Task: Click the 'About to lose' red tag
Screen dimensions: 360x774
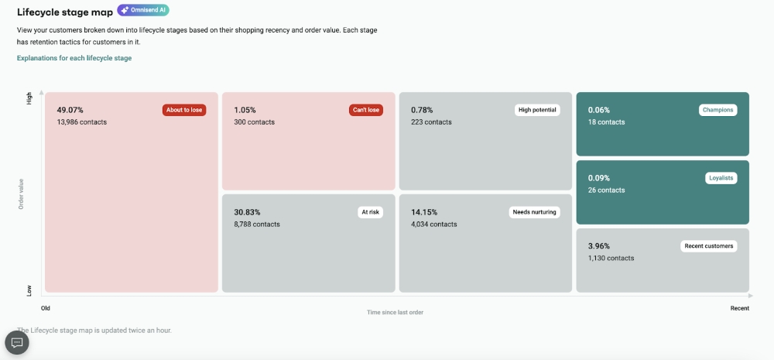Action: click(184, 110)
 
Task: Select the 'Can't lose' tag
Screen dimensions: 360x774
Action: click(366, 110)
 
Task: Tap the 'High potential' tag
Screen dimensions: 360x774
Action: click(537, 110)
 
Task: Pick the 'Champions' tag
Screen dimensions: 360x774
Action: click(717, 110)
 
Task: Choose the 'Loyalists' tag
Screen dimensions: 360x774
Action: click(721, 178)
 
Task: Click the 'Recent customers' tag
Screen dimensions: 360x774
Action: click(709, 246)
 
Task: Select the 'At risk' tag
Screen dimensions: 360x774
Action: click(370, 212)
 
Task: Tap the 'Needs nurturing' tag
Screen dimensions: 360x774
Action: click(534, 212)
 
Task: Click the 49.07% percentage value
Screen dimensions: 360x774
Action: click(70, 110)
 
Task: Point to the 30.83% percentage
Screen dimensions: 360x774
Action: click(247, 212)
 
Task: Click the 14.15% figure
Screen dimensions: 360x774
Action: click(424, 212)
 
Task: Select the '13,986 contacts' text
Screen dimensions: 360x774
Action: click(82, 122)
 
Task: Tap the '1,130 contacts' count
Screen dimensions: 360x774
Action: click(611, 259)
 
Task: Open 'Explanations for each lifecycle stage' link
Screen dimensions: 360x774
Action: click(74, 58)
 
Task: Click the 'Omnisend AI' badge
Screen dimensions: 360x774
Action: click(143, 11)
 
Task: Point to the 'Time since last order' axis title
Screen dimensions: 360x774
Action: click(395, 313)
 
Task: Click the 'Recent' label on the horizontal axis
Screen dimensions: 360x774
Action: click(739, 308)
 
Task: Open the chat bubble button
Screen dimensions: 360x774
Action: click(17, 342)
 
